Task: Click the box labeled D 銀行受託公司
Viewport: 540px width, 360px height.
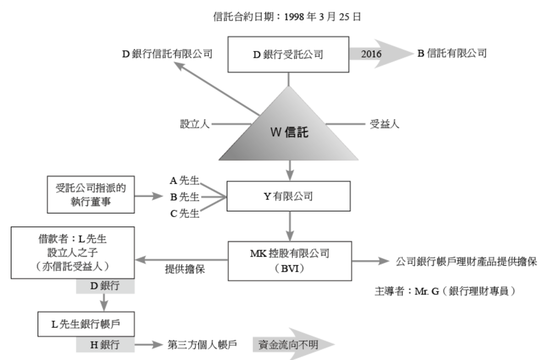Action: pos(288,54)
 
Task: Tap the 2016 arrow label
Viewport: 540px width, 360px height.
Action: pos(371,54)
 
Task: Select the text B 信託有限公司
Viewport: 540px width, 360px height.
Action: pos(452,53)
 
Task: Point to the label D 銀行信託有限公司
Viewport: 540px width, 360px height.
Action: pos(167,54)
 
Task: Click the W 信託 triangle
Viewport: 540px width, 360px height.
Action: pos(289,133)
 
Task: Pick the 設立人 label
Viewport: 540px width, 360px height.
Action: pos(195,124)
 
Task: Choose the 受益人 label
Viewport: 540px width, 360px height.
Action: pos(384,124)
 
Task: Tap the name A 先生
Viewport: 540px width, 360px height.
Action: pos(184,180)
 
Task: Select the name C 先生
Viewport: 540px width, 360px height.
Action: pos(184,213)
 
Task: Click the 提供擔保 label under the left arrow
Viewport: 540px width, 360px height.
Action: pos(185,270)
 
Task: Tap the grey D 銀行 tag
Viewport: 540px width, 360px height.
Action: pos(105,286)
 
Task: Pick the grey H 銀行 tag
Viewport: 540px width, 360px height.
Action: pos(105,345)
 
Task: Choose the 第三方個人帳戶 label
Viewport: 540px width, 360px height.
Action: pos(202,345)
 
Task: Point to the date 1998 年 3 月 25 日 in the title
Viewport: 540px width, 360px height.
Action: pos(323,17)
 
